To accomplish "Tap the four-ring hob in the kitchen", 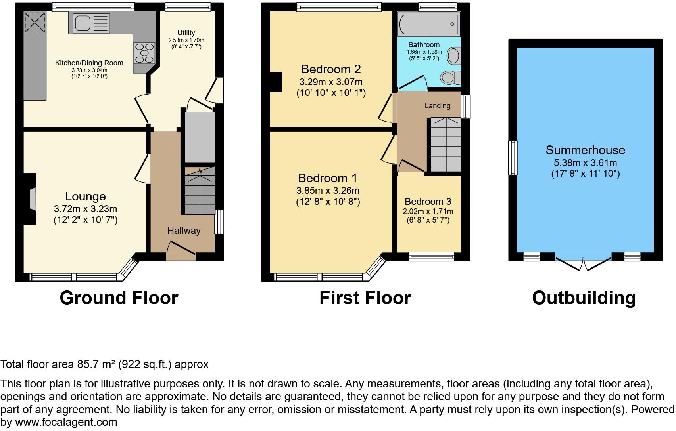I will coord(144,53).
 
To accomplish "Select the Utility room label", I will coord(186,33).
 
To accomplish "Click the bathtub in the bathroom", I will coord(428,24).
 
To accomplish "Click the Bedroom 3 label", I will coord(428,202).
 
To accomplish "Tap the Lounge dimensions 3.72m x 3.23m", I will coord(85,209).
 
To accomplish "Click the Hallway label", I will coord(184,231).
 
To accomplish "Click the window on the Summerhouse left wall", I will coord(513,158).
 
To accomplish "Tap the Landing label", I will coord(437,106).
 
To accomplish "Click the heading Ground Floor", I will coord(119,298).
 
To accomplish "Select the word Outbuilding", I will coord(584,298).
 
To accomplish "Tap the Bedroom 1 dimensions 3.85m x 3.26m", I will coord(328,191).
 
